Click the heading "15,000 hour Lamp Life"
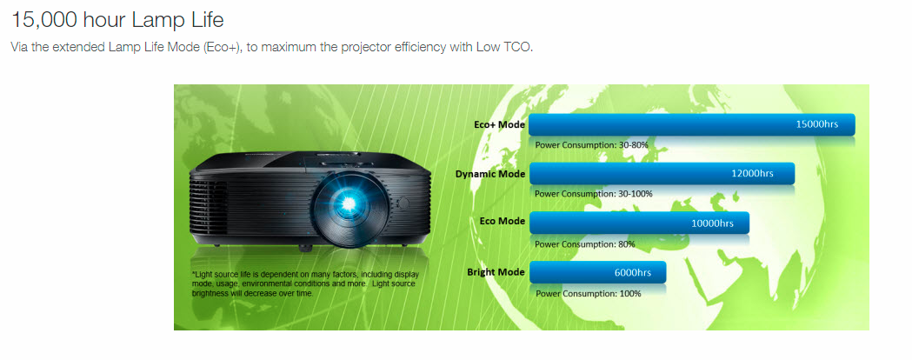click(117, 20)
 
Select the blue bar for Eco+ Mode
click(691, 124)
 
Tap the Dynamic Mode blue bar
click(662, 173)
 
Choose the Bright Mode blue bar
click(598, 272)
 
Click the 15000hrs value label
click(817, 124)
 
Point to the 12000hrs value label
click(752, 173)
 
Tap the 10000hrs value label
click(713, 223)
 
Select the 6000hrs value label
click(633, 272)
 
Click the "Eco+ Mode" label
click(500, 124)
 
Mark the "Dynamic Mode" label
click(490, 174)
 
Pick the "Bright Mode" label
click(496, 272)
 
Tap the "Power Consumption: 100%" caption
click(589, 294)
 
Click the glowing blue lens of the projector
click(349, 203)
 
